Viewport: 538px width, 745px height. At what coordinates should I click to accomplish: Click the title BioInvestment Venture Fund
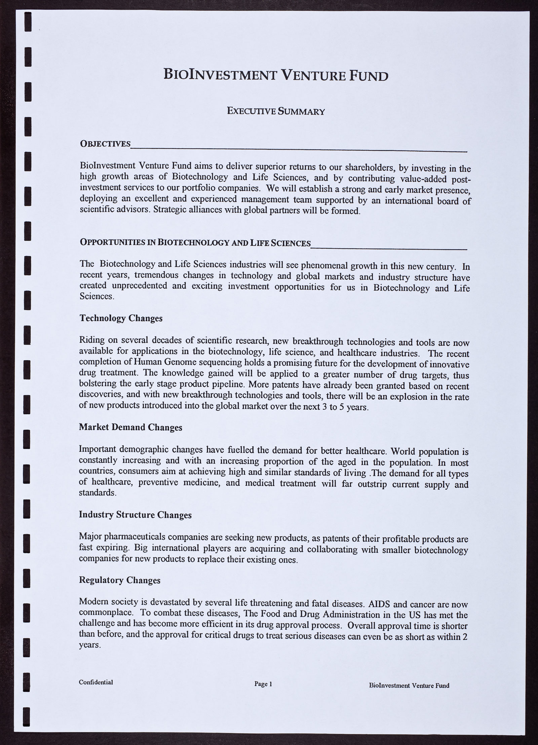tap(276, 75)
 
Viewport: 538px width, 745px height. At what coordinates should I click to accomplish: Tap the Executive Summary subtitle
tap(276, 111)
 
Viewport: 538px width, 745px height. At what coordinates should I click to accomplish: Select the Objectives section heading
tap(105, 144)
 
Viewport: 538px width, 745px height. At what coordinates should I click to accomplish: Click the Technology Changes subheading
tap(121, 318)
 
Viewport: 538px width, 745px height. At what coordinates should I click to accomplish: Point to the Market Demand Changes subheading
tap(130, 427)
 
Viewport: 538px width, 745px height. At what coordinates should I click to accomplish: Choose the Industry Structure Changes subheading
tap(135, 515)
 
